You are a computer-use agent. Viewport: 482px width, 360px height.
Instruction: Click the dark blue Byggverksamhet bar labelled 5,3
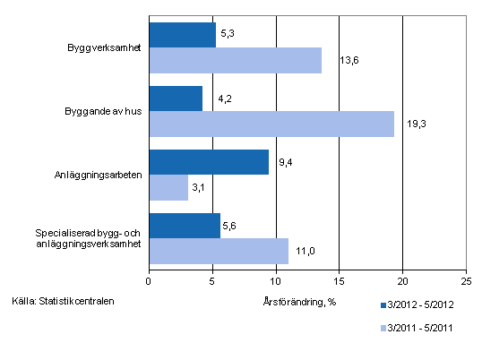pyautogui.click(x=182, y=35)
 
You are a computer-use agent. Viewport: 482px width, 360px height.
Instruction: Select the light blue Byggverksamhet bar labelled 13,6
pyautogui.click(x=235, y=60)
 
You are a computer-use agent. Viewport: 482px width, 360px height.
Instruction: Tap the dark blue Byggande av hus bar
pyautogui.click(x=176, y=99)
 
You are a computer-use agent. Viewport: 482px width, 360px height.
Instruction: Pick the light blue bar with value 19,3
pyautogui.click(x=271, y=124)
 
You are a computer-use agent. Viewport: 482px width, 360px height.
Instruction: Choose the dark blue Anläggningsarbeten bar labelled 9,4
pyautogui.click(x=208, y=162)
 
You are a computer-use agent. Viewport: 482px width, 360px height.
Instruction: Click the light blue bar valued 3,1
pyautogui.click(x=168, y=187)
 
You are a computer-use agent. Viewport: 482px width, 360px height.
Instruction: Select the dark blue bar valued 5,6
pyautogui.click(x=184, y=226)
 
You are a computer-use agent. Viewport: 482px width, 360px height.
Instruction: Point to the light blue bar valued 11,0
pyautogui.click(x=218, y=251)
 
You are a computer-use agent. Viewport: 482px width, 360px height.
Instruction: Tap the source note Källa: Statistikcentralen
pyautogui.click(x=64, y=300)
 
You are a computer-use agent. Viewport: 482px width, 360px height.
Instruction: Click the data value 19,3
pyautogui.click(x=416, y=124)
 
